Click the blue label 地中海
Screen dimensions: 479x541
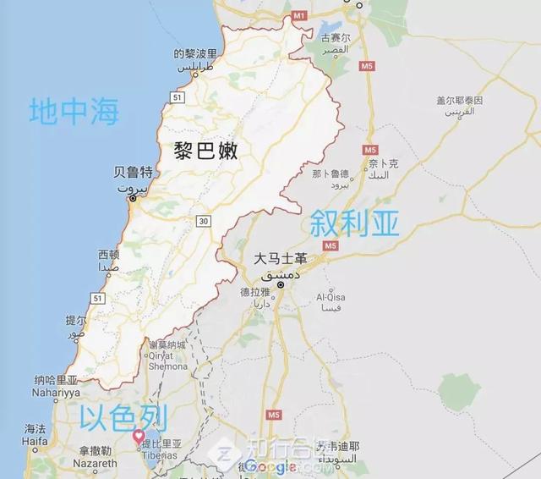coord(74,113)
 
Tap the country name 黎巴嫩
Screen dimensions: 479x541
coord(206,151)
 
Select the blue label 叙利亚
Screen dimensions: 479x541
coord(354,223)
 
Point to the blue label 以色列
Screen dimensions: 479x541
coord(123,417)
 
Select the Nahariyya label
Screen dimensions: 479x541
coord(79,391)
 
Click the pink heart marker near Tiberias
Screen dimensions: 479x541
coord(139,436)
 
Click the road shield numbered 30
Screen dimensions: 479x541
coord(203,222)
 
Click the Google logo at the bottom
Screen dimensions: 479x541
coord(270,466)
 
